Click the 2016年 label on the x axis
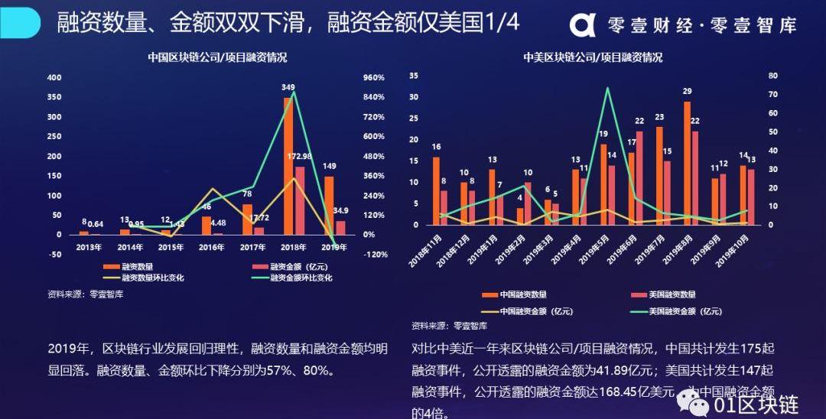[x=212, y=247]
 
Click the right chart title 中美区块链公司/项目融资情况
[x=593, y=57]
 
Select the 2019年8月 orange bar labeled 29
[x=687, y=163]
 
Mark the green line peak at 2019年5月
[x=607, y=88]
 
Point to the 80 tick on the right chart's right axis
[x=772, y=76]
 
